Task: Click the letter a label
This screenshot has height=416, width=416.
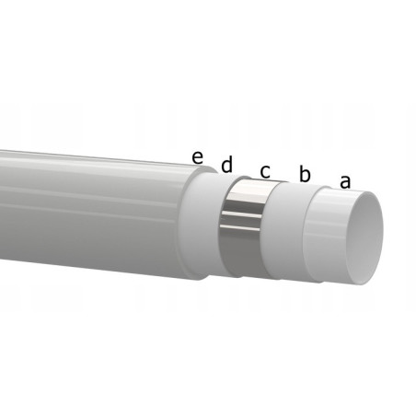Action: tap(345, 181)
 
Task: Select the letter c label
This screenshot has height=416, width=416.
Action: tap(265, 170)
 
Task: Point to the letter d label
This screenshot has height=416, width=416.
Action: tap(226, 164)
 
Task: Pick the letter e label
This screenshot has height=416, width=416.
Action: tap(197, 156)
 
